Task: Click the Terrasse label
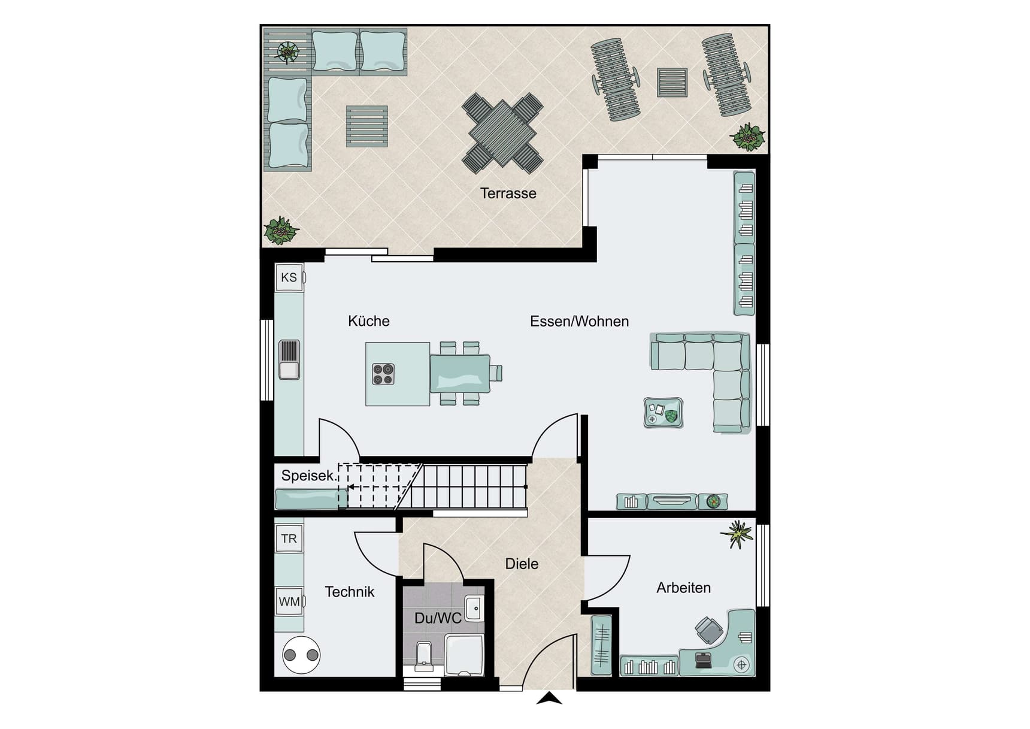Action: click(x=508, y=193)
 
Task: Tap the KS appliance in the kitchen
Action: click(x=289, y=277)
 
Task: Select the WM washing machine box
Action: click(x=289, y=601)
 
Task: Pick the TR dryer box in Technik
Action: click(x=289, y=539)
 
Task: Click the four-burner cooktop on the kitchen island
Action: click(x=383, y=374)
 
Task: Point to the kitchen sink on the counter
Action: click(x=289, y=360)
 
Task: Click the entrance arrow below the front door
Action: click(x=549, y=698)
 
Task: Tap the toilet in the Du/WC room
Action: click(x=423, y=655)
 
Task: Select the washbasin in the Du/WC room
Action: click(x=474, y=609)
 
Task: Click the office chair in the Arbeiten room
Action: click(x=709, y=630)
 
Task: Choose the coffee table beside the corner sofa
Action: click(x=663, y=413)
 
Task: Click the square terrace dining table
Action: click(x=502, y=134)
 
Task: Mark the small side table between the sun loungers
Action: click(x=672, y=83)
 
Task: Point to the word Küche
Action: click(x=369, y=321)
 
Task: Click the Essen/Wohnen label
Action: click(x=579, y=322)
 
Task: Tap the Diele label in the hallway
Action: click(x=522, y=564)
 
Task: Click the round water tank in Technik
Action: click(x=301, y=655)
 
